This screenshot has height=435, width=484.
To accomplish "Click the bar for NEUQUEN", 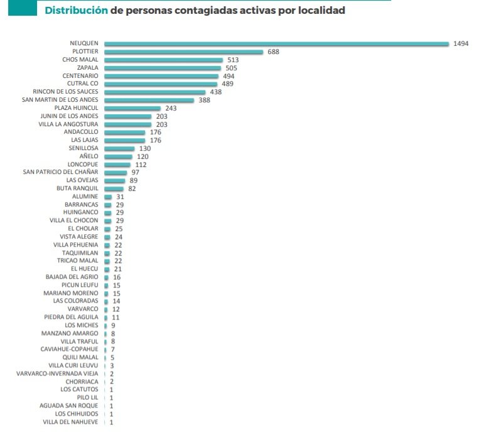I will coord(276,44).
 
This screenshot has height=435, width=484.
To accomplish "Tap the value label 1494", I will coord(461,44).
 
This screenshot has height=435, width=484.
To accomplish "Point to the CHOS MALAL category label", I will coord(80,60).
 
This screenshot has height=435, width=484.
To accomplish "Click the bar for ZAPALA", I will coord(163,68).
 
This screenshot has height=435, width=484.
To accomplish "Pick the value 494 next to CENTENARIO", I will coord(229,76).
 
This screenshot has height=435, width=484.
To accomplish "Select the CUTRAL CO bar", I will coord(161,83).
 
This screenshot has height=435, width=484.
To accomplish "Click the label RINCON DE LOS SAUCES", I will coord(65,92).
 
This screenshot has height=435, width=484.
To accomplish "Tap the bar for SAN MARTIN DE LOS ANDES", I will coord(149,100).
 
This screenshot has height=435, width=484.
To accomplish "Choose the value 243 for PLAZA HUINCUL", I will coord(171,108).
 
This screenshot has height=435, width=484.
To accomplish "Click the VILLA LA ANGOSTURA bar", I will coord(128,124).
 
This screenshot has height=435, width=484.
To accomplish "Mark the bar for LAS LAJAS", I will coord(125,140).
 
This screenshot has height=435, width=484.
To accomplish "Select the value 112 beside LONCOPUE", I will coord(141,164).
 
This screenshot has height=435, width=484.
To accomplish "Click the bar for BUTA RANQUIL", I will coord(114,188).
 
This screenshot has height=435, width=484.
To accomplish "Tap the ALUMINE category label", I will coord(85,196).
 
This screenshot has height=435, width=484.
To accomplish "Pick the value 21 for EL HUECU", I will coord(117,269).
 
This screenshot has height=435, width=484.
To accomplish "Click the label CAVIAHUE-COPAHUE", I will coord(70,349).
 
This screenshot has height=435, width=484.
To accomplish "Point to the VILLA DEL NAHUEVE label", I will coord(70,422).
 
